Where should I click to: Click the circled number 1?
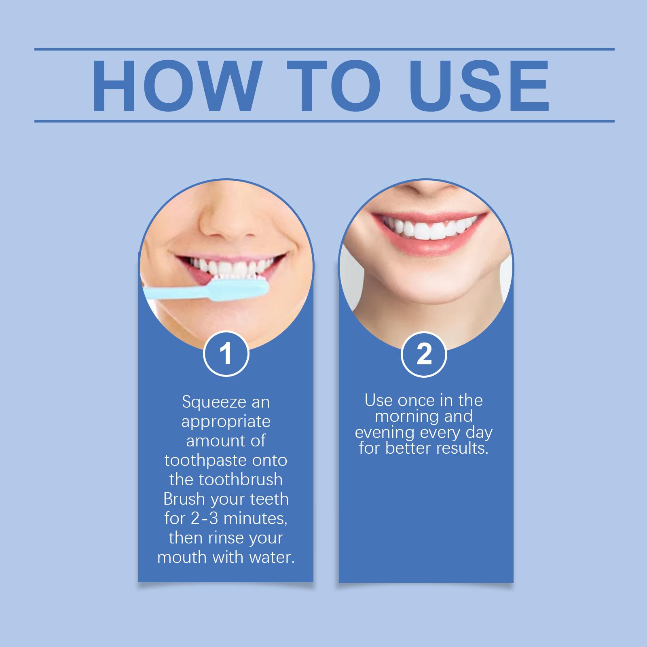[x=226, y=354]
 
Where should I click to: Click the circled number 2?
[x=424, y=354]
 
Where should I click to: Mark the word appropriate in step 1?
[x=226, y=422]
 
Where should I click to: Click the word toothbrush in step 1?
[x=240, y=480]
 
